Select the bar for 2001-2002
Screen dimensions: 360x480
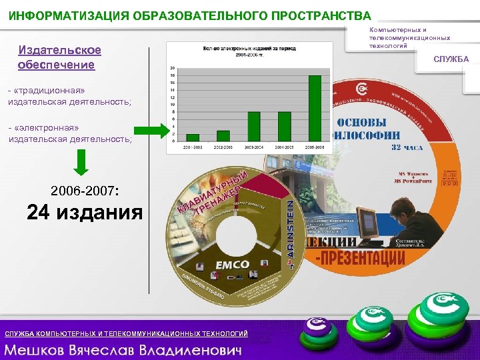(x=193, y=137)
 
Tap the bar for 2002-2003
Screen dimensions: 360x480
(x=224, y=135)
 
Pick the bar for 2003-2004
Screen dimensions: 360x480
(x=254, y=126)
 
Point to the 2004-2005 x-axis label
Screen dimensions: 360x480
(x=285, y=147)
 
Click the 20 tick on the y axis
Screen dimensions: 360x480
(x=174, y=69)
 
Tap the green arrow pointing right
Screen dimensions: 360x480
(x=151, y=131)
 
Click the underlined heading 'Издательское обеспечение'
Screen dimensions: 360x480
(x=59, y=58)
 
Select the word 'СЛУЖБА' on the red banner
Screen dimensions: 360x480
(x=451, y=60)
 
